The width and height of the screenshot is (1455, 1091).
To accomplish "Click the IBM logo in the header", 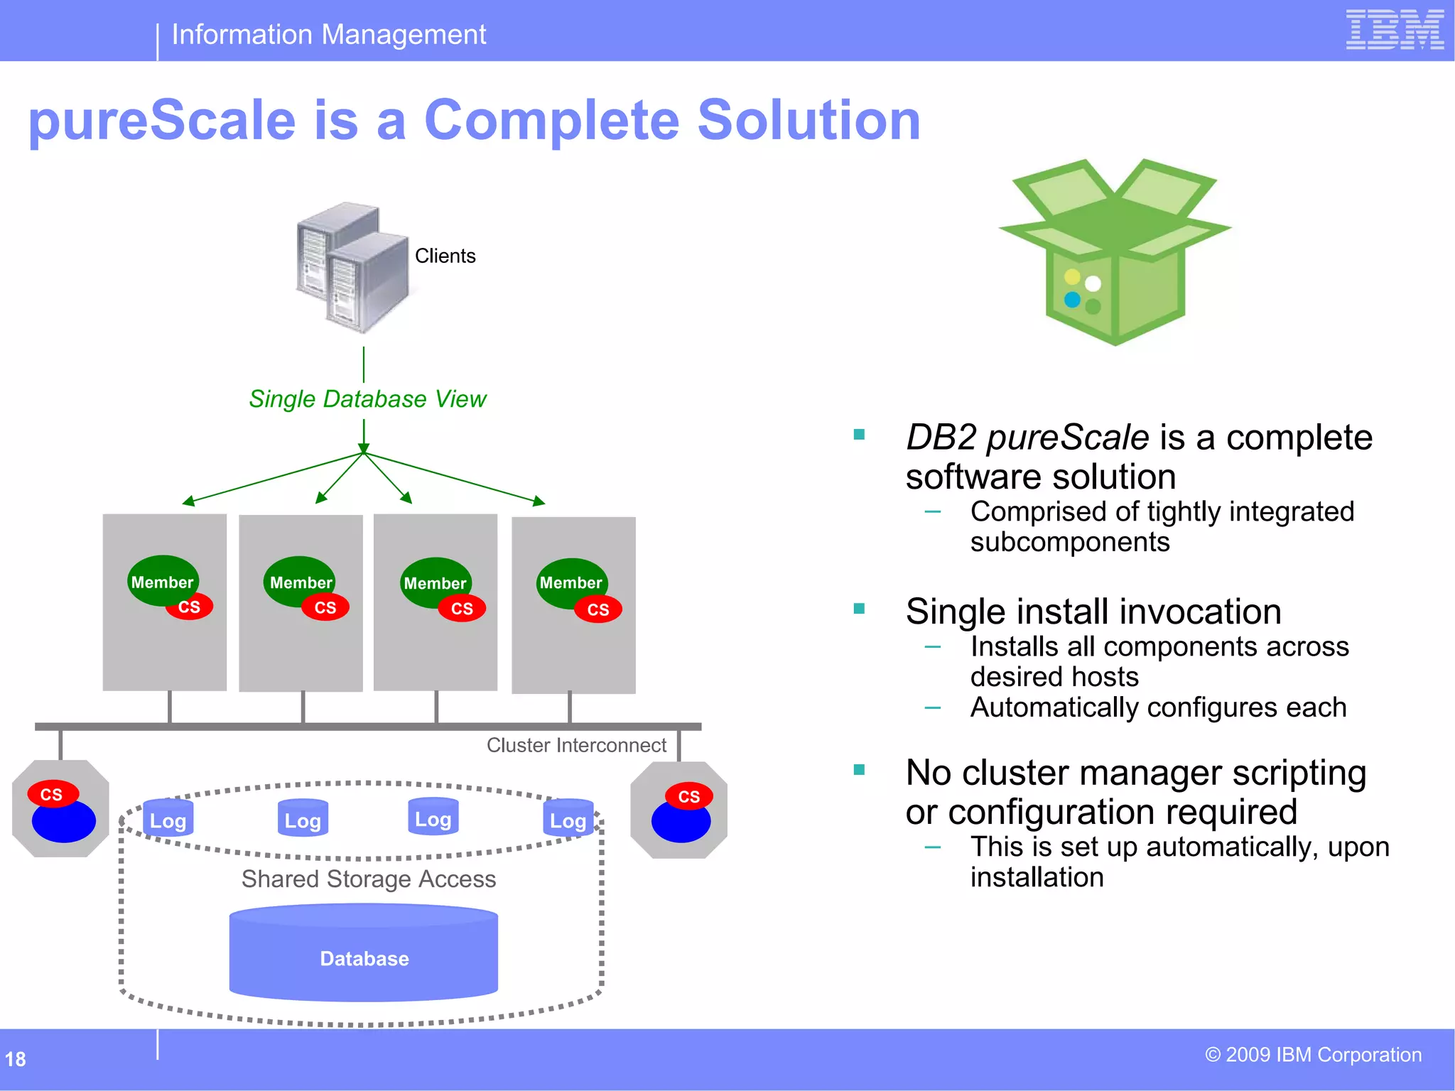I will coord(1394,30).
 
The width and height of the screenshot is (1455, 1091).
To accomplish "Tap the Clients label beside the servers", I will coord(445,256).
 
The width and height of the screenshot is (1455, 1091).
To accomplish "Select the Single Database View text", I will coord(367,399).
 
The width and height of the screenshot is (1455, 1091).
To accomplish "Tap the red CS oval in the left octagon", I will coord(52,793).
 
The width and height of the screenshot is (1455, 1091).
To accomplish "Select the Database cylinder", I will coord(364,955).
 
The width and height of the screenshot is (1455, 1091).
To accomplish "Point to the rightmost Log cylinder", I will coord(568,820).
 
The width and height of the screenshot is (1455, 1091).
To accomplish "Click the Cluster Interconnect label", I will coord(576,745).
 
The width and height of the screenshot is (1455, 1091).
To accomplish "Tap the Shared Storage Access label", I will coord(368,879).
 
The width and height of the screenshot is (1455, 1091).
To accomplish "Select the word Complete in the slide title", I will coord(552,120).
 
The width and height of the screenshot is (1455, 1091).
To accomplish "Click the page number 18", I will coord(15,1059).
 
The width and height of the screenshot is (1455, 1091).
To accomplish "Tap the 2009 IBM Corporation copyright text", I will coord(1313,1055).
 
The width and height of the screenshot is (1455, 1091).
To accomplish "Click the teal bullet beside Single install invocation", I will coord(859,608).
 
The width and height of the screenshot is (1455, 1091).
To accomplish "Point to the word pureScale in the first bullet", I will coord(1067,437).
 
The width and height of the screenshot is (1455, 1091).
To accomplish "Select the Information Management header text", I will coord(328,34).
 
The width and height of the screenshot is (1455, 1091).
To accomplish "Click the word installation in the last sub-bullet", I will coord(1037,877).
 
